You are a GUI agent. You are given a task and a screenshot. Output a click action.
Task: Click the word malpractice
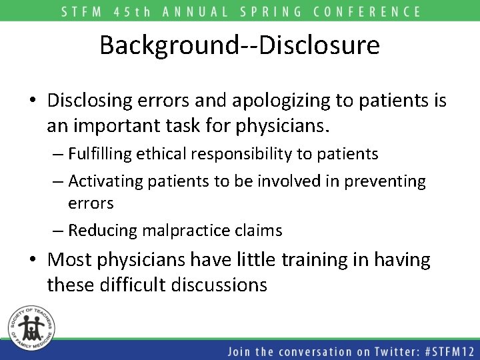pyautogui.click(x=176, y=231)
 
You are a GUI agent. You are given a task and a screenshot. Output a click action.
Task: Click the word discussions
pyautogui.click(x=219, y=285)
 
